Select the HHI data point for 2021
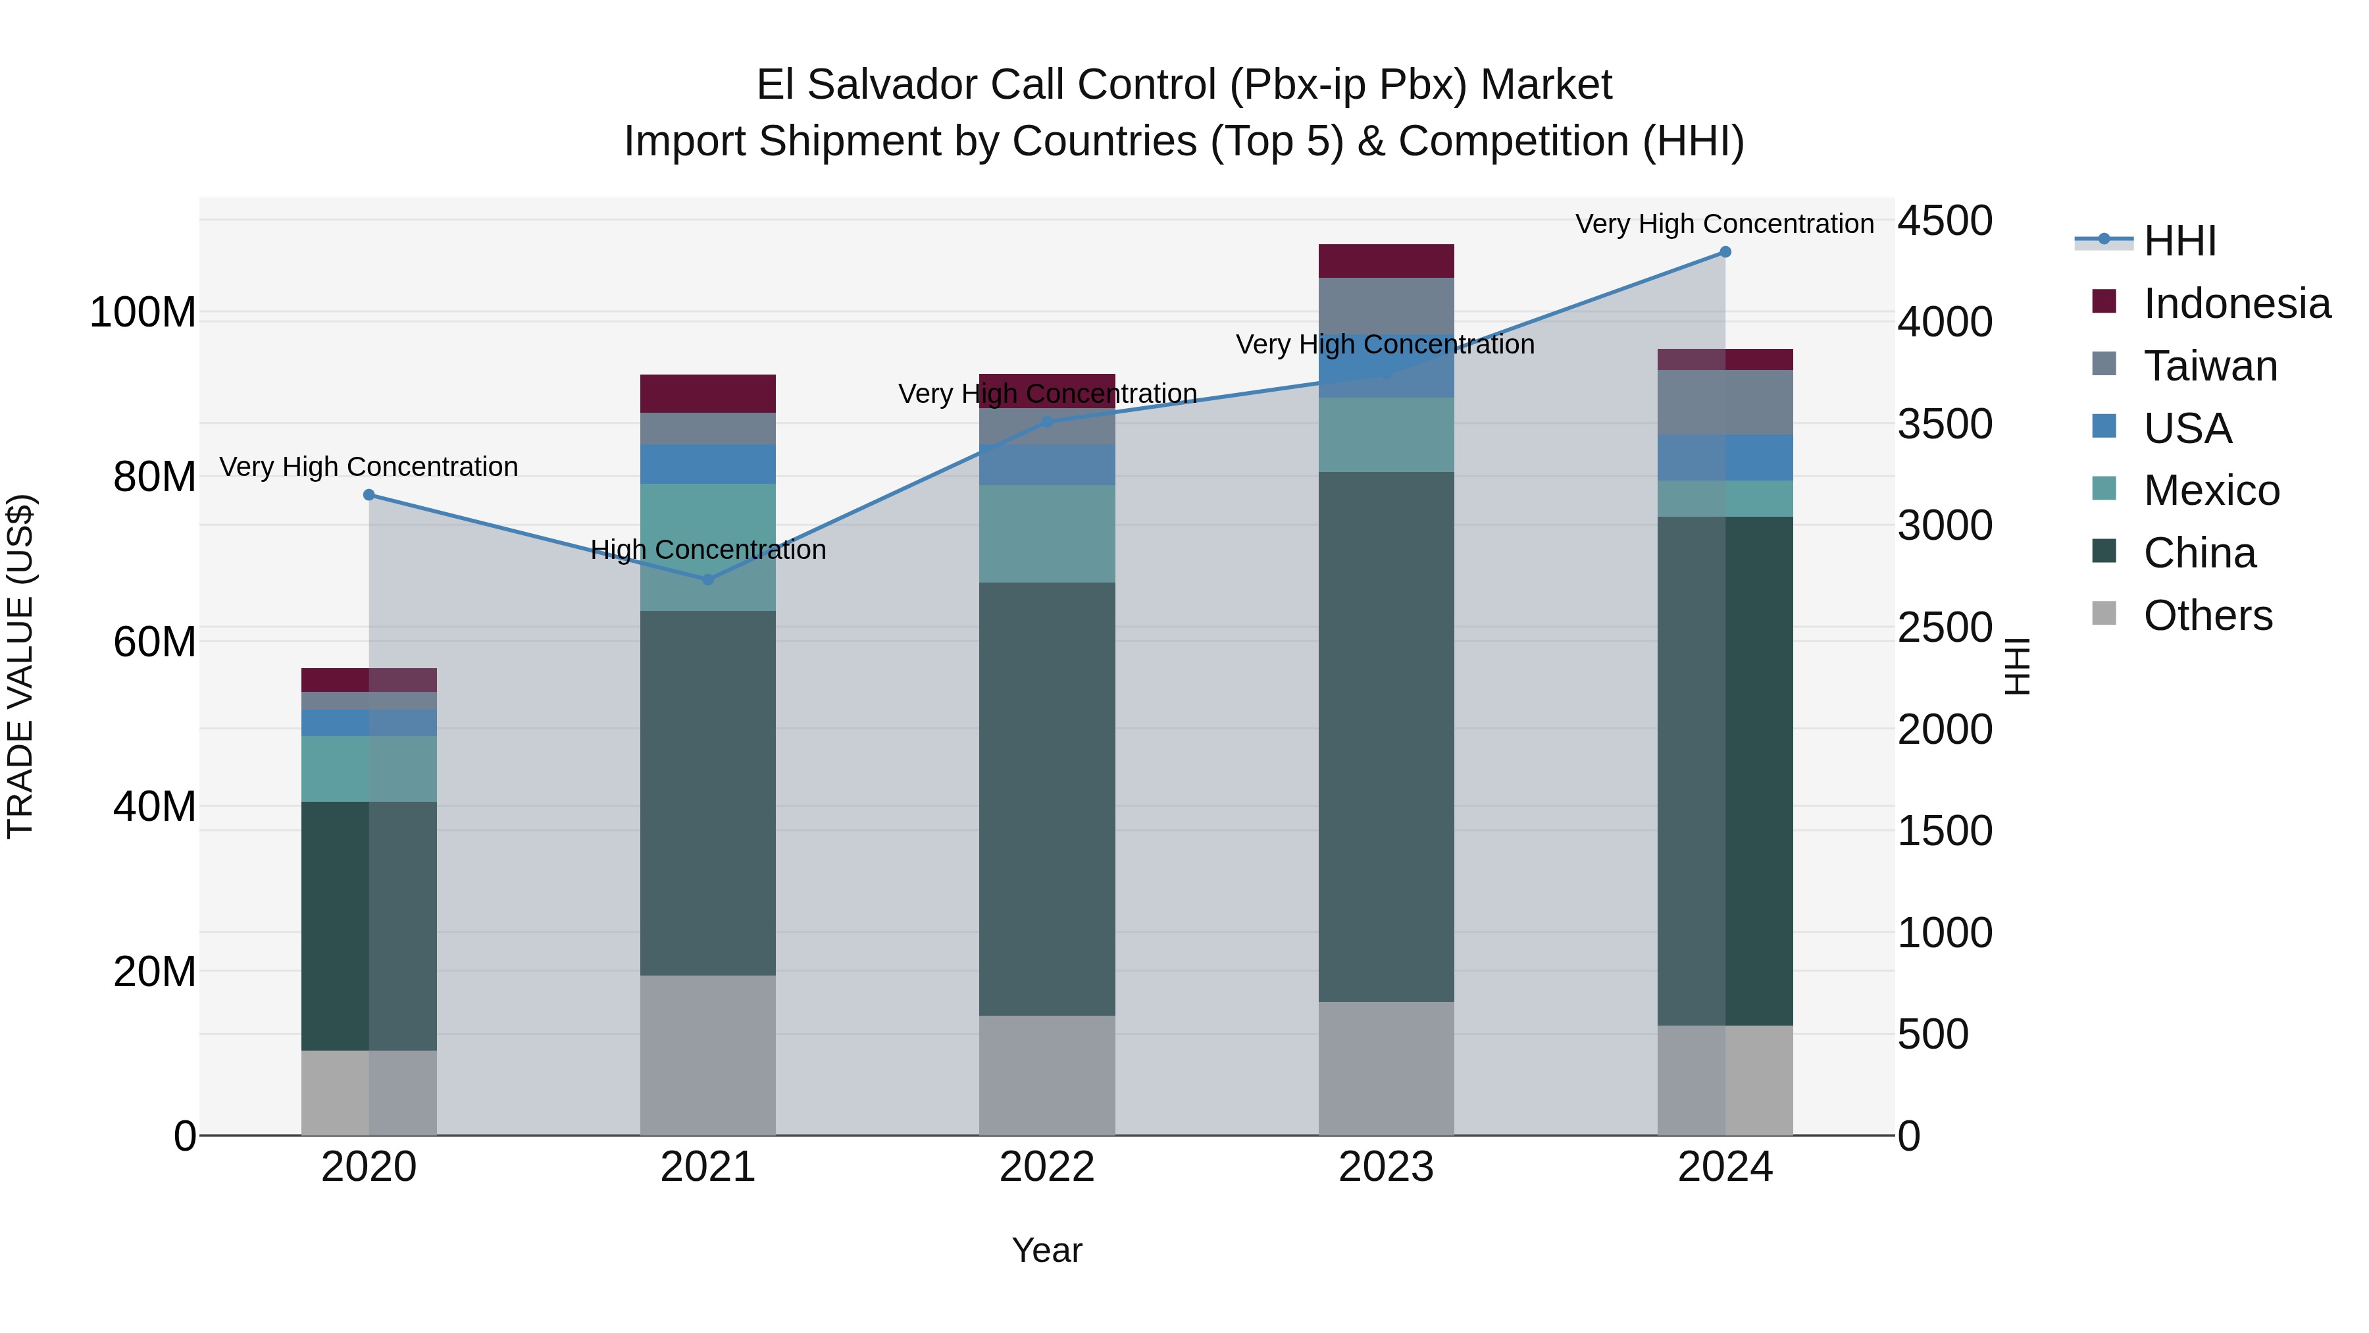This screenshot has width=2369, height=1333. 708,579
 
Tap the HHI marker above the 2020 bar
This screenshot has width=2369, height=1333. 369,495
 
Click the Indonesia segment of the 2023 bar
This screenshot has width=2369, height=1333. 1386,261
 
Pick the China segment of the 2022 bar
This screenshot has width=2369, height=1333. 1046,798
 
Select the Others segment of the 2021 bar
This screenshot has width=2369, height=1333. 708,1055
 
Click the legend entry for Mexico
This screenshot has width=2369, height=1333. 2211,490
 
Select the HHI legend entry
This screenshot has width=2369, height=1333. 2179,241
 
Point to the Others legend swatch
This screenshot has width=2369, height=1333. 2104,614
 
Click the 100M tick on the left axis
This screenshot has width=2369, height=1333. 143,313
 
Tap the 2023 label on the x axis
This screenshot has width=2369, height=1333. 1386,1167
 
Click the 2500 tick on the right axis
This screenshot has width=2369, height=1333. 1944,629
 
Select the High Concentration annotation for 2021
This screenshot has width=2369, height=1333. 708,550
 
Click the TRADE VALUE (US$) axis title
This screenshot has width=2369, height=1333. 20,666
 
